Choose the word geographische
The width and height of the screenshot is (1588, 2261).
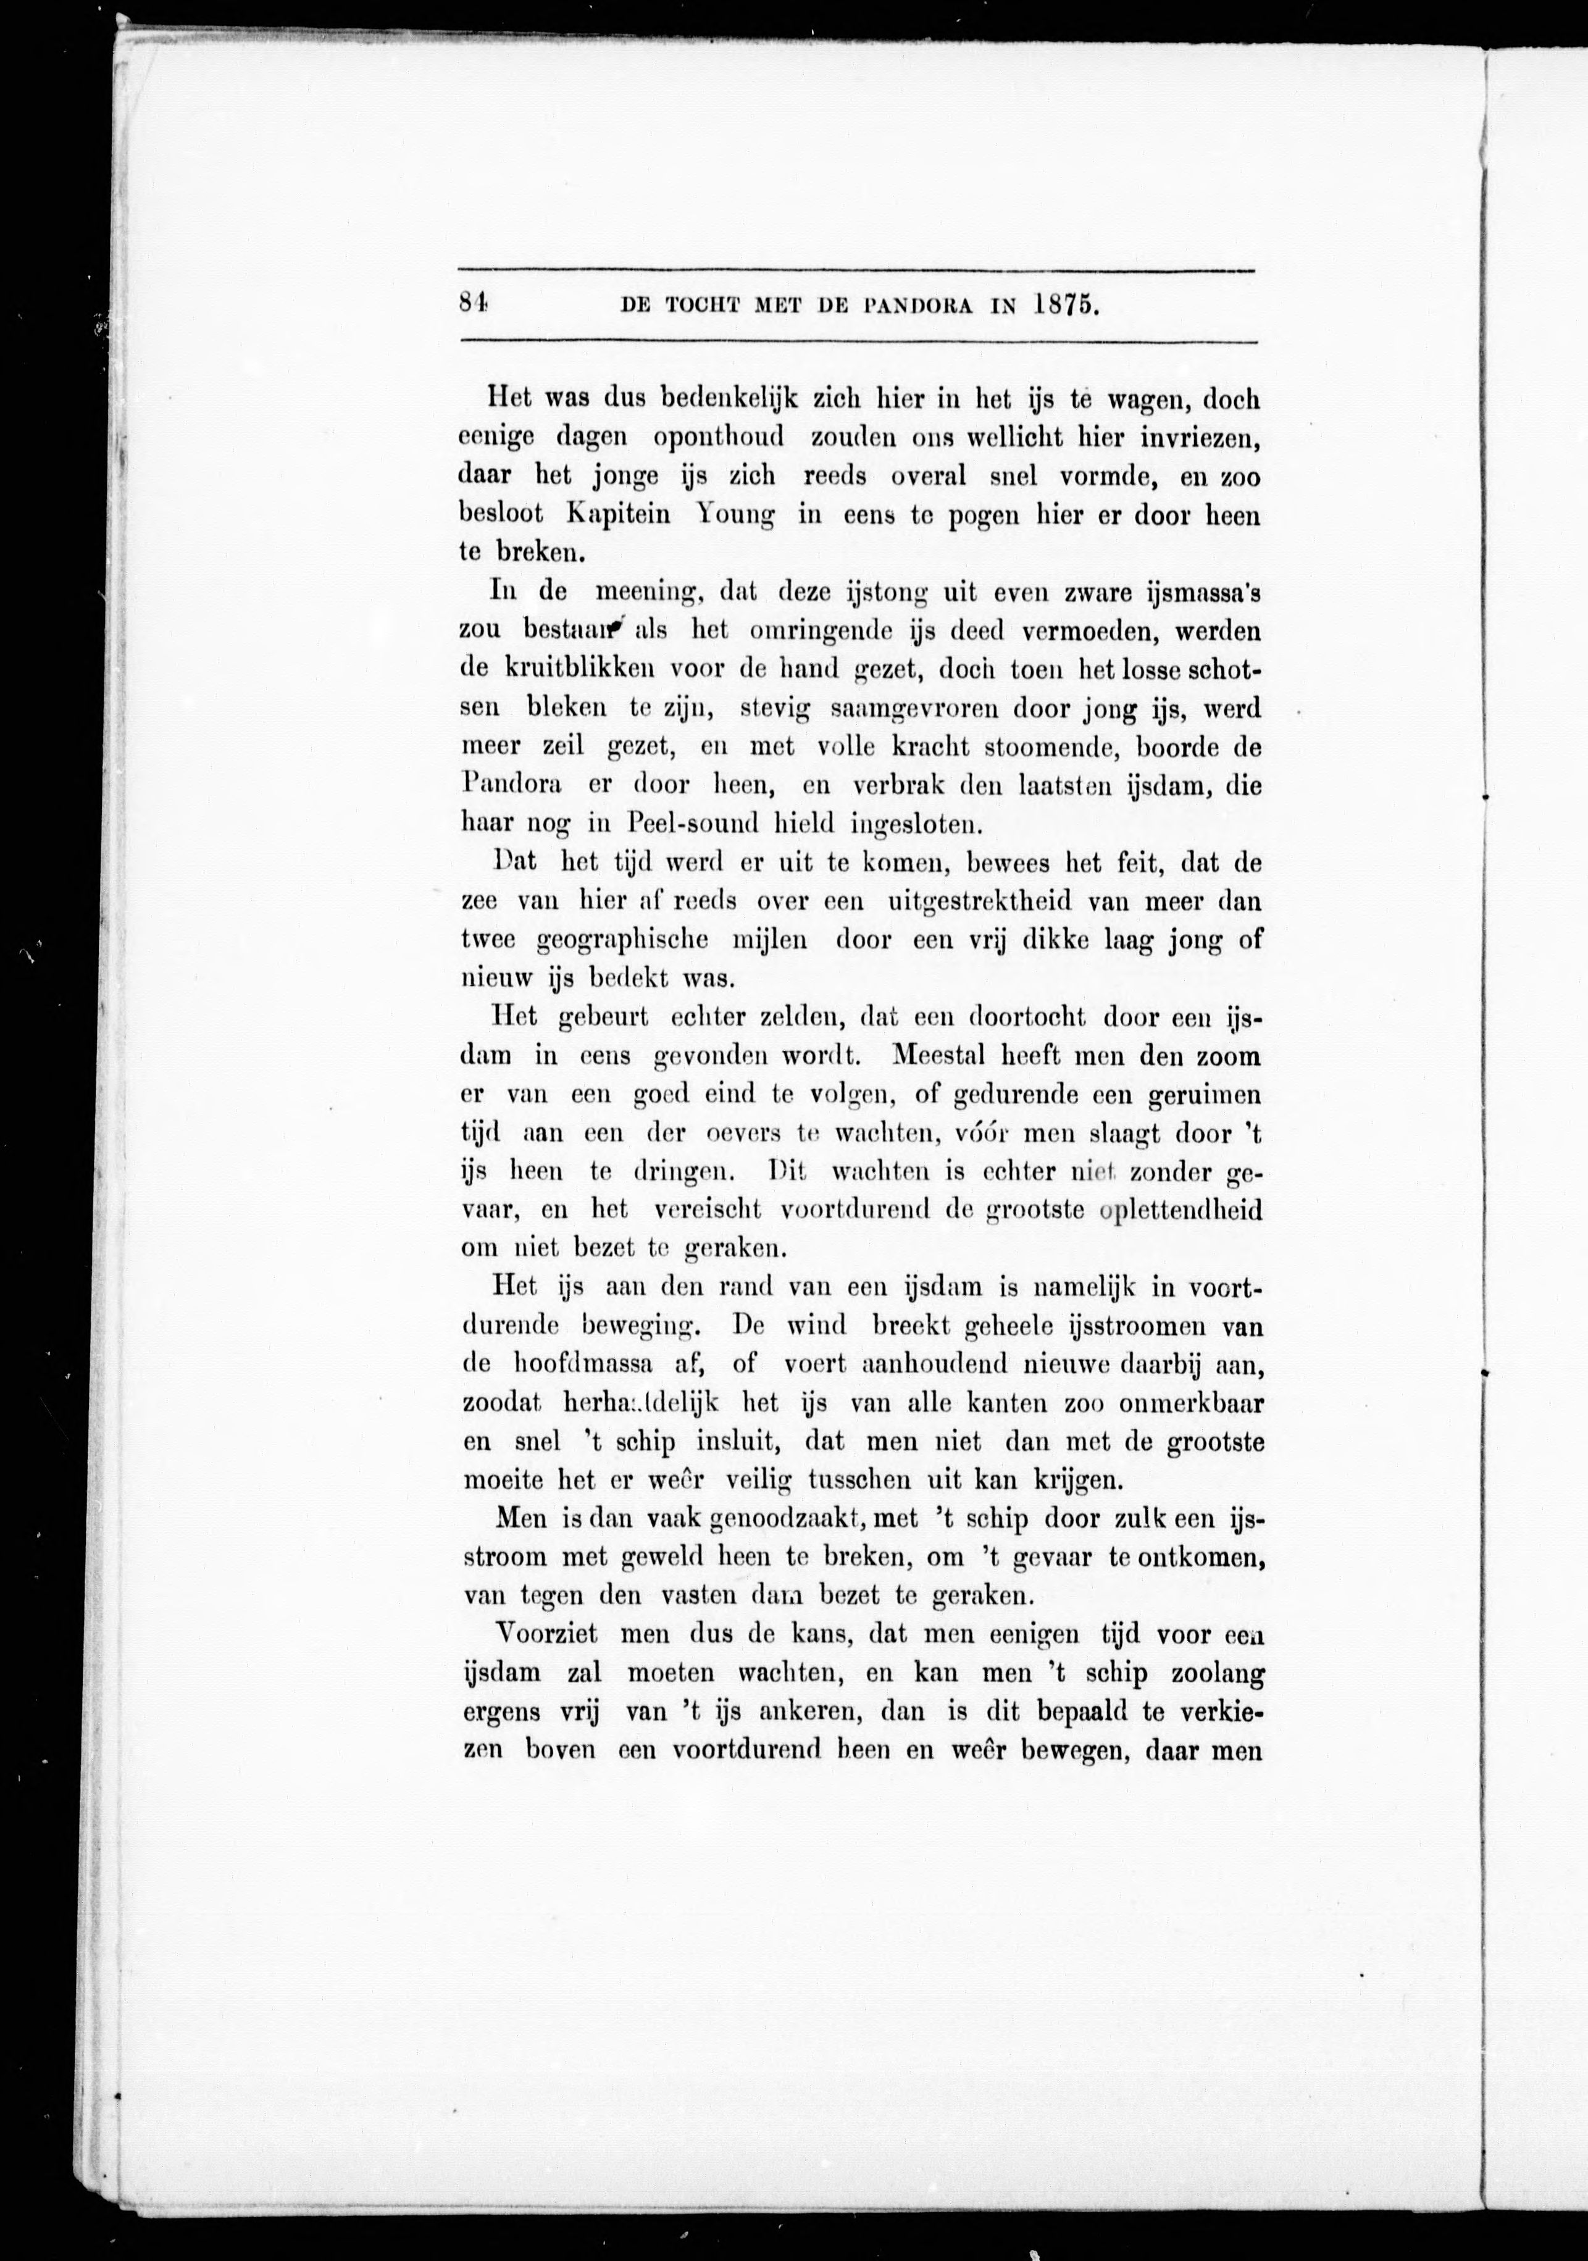pos(623,940)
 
